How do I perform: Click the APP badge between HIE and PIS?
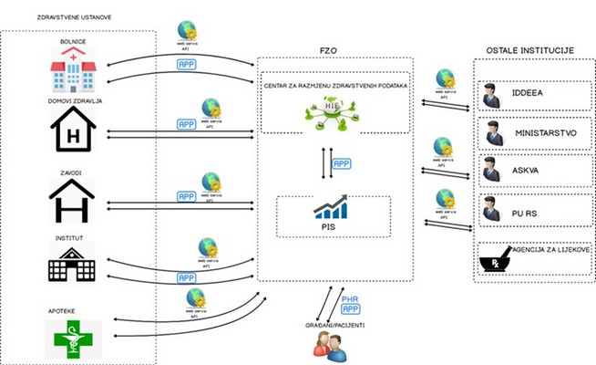[341, 162]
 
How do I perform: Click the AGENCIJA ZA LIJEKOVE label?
[555, 249]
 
